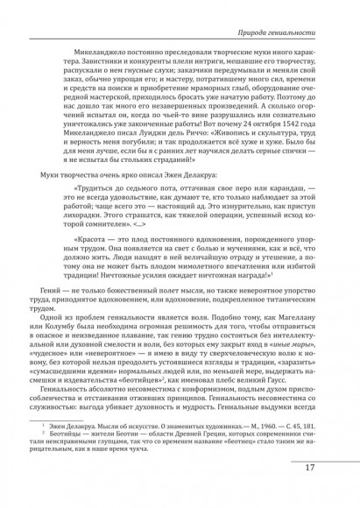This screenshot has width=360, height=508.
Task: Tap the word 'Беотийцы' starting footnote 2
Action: (73, 460)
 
